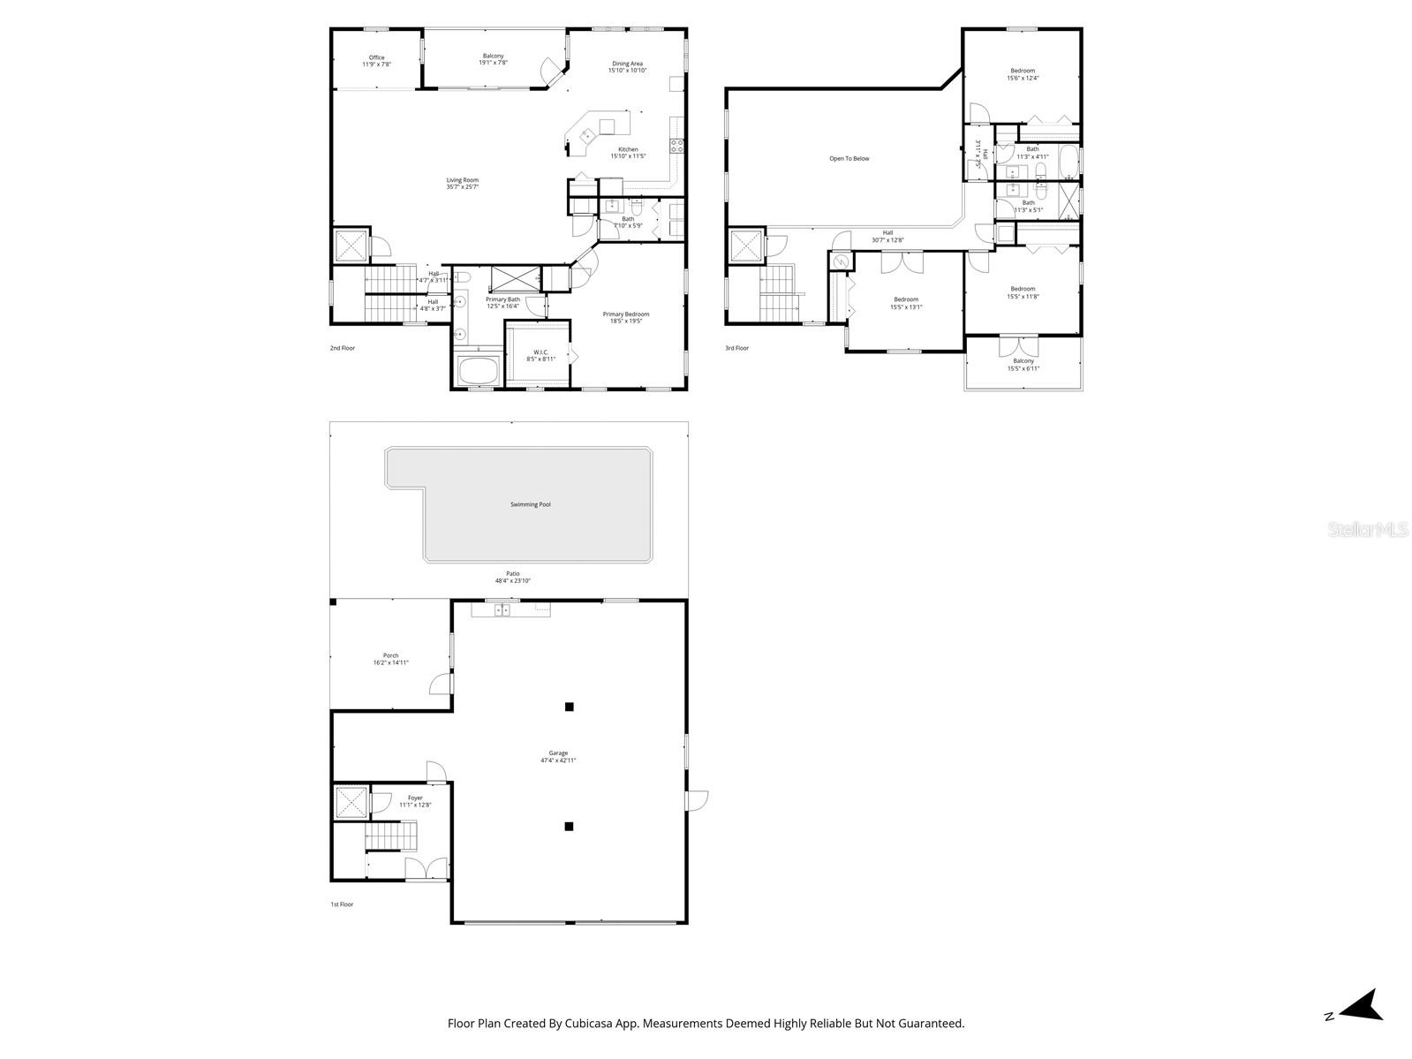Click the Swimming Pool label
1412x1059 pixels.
tap(531, 504)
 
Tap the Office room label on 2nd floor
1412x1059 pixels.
tap(377, 57)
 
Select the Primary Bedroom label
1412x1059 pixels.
tap(626, 314)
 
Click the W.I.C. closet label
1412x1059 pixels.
tap(541, 352)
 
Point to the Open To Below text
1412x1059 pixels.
tap(849, 159)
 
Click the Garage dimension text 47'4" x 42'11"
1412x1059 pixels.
tap(558, 760)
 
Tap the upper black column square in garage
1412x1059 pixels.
tap(570, 707)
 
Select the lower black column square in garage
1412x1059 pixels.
tap(570, 827)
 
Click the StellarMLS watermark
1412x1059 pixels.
tap(1373, 530)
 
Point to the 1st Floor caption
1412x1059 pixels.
tap(342, 904)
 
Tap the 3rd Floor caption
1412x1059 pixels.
tap(736, 348)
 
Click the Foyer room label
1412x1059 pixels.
tap(415, 798)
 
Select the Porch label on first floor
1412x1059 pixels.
tap(390, 655)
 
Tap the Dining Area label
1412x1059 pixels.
tap(628, 64)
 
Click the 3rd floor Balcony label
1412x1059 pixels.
tap(1023, 361)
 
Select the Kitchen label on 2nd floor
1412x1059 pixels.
tap(628, 149)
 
